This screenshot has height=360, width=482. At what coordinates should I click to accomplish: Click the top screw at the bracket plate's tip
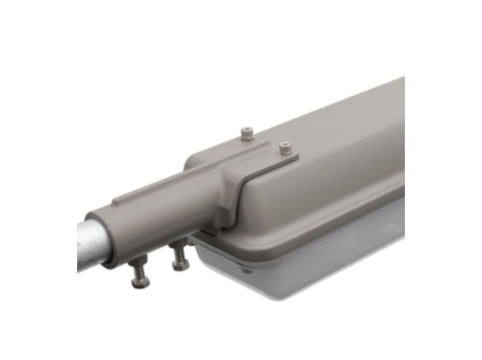(x=285, y=149)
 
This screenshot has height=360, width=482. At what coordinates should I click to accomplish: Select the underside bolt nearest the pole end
(x=139, y=272)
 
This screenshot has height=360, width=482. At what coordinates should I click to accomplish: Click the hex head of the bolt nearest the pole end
(x=139, y=281)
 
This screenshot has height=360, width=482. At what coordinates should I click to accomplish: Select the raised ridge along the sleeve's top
(x=164, y=183)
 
